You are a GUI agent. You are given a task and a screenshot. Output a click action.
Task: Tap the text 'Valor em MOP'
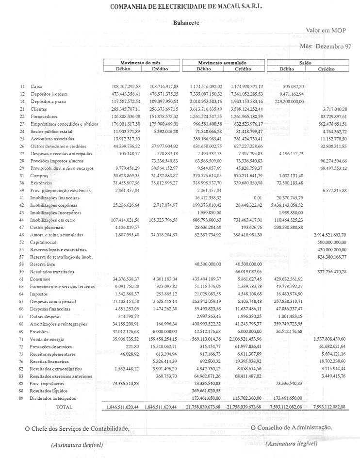point(325,30)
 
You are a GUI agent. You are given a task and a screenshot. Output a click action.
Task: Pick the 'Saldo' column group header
point(305,63)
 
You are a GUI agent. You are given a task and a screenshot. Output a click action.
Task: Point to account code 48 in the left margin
point(22,234)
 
